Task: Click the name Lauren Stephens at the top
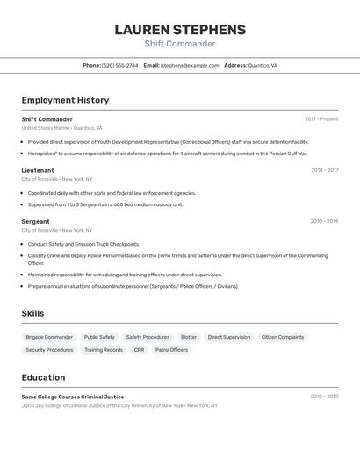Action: [x=179, y=29]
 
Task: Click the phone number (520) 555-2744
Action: [x=119, y=65]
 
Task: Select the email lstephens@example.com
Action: [x=190, y=65]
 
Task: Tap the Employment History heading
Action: [x=65, y=100]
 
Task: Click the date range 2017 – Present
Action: [x=321, y=119]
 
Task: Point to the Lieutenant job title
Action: [x=38, y=170]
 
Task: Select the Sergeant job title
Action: [x=35, y=221]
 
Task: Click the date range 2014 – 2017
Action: [x=324, y=170]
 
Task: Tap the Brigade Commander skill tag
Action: [x=49, y=337]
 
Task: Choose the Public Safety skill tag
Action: [x=99, y=337]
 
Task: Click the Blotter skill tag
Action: [x=189, y=337]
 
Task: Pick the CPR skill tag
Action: [x=139, y=350]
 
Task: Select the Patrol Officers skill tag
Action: [x=171, y=350]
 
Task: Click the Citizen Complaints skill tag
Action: [x=283, y=337]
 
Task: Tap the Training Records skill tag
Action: [x=104, y=350]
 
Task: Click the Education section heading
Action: [x=43, y=377]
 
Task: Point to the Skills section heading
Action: [x=32, y=313]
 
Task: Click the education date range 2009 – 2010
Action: [x=324, y=397]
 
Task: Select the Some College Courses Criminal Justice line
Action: [x=73, y=397]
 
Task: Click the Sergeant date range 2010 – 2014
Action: [x=324, y=221]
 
